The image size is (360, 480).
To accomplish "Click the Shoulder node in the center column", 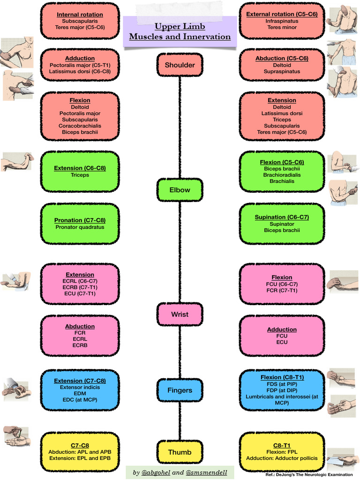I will click(x=180, y=65).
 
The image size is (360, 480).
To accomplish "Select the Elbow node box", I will click(x=180, y=190).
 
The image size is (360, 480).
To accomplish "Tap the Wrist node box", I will click(x=180, y=315).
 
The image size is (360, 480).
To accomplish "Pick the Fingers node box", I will click(x=180, y=390).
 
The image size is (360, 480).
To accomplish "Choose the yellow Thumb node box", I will click(x=180, y=452).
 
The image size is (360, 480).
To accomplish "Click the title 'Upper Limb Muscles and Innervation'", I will click(x=180, y=32).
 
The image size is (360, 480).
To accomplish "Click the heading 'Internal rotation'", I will click(x=80, y=15).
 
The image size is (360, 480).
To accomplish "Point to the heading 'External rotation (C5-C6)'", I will click(x=282, y=15).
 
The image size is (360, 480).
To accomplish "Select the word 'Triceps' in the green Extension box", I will click(x=80, y=175).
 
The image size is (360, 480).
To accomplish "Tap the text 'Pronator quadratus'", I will click(x=80, y=227).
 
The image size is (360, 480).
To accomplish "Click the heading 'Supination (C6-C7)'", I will click(x=282, y=217).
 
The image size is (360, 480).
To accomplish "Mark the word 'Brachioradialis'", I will click(x=282, y=175).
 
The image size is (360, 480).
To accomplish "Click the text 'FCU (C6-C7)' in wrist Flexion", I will click(x=282, y=284).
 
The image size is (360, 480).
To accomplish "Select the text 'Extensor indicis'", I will click(x=80, y=387).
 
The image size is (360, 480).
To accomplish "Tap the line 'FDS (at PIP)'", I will click(x=282, y=384).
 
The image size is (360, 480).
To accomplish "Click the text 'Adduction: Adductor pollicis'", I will click(x=282, y=458).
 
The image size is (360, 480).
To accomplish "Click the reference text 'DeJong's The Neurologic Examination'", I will click(x=317, y=475).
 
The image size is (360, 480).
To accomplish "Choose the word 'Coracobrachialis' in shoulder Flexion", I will click(x=80, y=126).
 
